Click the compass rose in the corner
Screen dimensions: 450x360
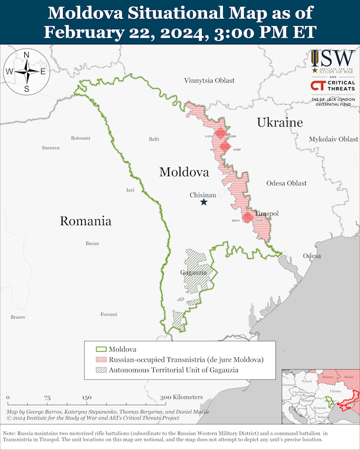(x=26, y=72)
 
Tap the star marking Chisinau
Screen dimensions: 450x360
(x=204, y=202)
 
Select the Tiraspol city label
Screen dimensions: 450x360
(x=266, y=213)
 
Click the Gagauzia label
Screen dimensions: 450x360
(x=193, y=272)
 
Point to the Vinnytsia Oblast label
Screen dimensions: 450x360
(x=209, y=81)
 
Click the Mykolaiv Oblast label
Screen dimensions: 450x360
(x=333, y=139)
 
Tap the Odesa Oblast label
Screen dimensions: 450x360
(x=286, y=183)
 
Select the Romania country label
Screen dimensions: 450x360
(x=85, y=221)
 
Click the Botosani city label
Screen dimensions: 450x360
(x=80, y=138)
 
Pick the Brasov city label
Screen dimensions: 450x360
(x=18, y=317)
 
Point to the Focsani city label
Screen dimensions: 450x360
(x=109, y=314)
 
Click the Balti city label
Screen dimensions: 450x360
(x=154, y=139)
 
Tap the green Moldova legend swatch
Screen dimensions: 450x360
(x=100, y=349)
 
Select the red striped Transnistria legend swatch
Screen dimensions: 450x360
(x=100, y=359)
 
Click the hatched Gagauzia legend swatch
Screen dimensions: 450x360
(x=100, y=370)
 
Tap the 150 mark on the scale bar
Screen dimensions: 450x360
(x=86, y=398)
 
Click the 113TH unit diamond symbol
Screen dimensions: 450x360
(x=220, y=134)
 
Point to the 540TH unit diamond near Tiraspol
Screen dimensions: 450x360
(x=247, y=217)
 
